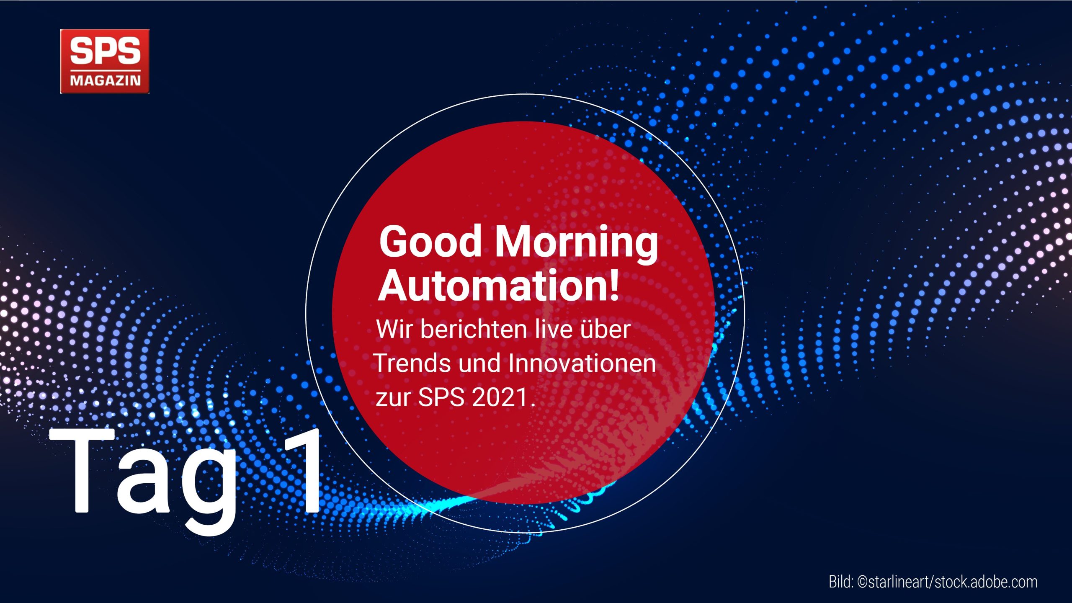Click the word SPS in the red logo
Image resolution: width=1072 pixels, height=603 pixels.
[x=105, y=51]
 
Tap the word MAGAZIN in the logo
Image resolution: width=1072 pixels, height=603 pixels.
[x=105, y=80]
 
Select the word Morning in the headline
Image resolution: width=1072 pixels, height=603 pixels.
[x=576, y=245]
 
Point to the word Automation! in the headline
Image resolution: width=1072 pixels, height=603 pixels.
[x=498, y=286]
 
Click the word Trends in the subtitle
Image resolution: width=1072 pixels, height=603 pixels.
[x=412, y=363]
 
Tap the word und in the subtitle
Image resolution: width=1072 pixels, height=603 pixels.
[x=480, y=363]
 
